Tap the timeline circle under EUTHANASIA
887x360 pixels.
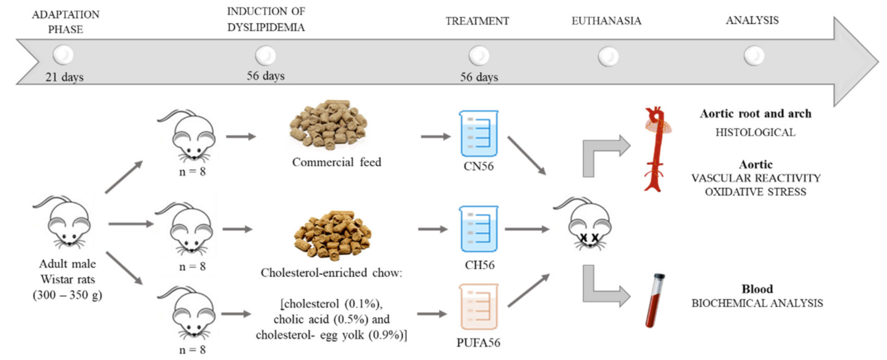pos(608,56)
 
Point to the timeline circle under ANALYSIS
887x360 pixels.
pos(753,56)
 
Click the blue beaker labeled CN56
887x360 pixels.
pos(479,133)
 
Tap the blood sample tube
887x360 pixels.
pos(656,300)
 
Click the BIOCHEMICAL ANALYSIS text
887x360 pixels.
pos(755,303)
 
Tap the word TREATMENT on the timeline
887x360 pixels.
pos(477,21)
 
